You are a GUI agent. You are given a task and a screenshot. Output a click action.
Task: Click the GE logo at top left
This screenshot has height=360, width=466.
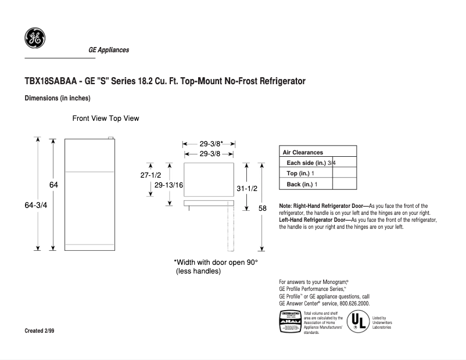35,38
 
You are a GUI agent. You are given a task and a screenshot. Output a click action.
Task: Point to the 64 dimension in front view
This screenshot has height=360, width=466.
53,184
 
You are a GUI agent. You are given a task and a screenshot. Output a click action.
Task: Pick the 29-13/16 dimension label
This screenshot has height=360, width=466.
170,185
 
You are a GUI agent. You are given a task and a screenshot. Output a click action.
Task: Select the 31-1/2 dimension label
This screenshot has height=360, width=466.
248,189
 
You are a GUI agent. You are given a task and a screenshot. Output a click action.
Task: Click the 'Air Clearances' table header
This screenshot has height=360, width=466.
303,152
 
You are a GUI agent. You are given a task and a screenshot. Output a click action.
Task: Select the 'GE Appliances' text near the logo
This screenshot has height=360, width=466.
109,50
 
